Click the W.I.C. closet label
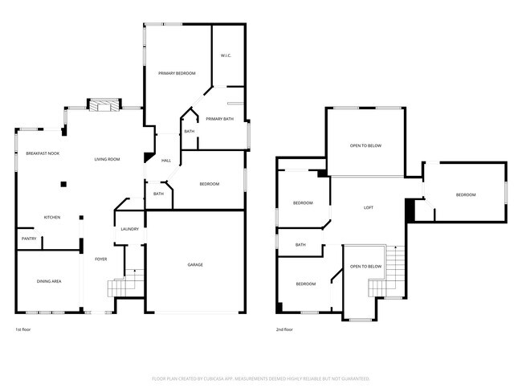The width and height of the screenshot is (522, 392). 226,55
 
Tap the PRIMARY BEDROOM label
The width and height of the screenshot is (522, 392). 177,73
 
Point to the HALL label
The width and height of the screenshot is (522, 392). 166,161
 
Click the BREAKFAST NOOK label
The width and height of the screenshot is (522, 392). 42,153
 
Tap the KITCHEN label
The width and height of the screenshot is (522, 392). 52,218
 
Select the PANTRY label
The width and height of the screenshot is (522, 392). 28,239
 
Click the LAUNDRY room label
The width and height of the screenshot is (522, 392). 129,230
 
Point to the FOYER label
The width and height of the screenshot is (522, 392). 101,259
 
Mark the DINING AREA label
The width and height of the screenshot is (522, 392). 49,281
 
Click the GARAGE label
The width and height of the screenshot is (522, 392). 195,265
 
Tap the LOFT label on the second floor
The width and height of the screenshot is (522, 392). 369,208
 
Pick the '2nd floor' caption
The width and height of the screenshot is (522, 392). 285,330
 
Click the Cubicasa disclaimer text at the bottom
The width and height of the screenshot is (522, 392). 261,378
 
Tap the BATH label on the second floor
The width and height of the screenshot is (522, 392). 300,245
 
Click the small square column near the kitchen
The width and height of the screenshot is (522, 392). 63,184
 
